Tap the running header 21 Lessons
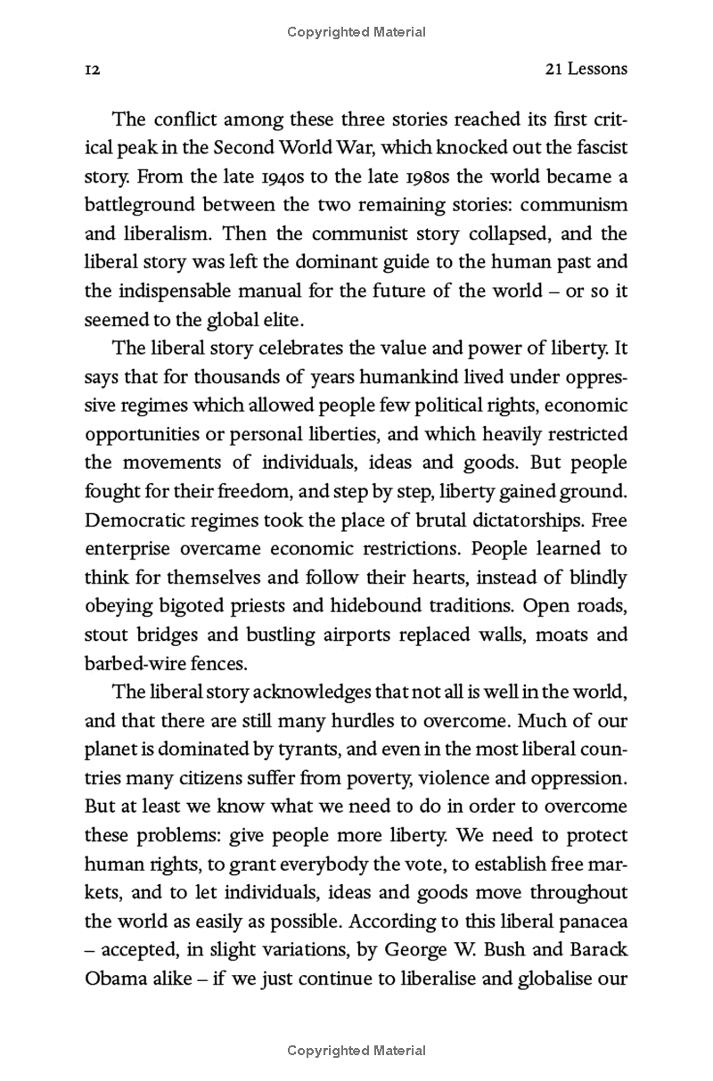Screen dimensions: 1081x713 (x=585, y=69)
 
